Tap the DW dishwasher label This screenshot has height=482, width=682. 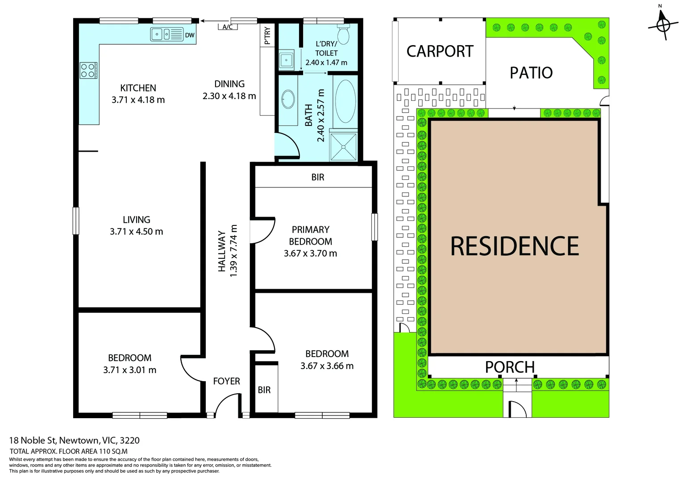point(190,35)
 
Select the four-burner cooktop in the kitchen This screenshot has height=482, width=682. point(88,71)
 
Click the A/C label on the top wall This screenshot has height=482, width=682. point(228,27)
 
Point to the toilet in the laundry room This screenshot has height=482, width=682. point(344,33)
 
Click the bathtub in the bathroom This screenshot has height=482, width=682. point(345,101)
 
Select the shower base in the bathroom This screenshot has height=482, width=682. point(344,146)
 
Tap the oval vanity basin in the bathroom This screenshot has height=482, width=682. point(288,99)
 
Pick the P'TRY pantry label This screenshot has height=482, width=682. point(267,36)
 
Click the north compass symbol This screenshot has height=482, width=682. point(663,24)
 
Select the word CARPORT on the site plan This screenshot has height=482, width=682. point(440,51)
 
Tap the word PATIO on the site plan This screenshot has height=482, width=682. point(531,73)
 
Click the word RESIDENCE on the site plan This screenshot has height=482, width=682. point(515,246)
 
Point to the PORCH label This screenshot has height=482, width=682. point(510,367)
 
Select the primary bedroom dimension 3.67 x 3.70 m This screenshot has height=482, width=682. point(310,253)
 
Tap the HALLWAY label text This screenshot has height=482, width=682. point(222,251)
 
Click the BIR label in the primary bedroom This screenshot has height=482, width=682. point(318,177)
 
